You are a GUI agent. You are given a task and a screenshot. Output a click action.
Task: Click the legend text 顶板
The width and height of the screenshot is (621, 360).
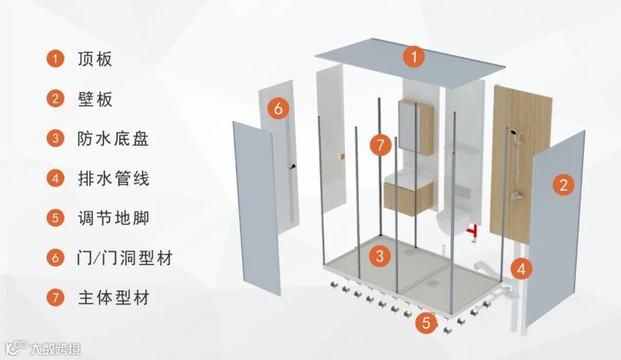pyautogui.click(x=95, y=59)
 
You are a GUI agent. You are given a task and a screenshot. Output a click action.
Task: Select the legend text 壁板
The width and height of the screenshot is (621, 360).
pyautogui.click(x=95, y=99)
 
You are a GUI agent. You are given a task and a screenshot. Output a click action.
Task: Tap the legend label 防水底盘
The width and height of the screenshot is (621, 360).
pyautogui.click(x=113, y=139)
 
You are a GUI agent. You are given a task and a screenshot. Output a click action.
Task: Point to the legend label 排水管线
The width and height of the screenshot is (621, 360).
pyautogui.click(x=113, y=178)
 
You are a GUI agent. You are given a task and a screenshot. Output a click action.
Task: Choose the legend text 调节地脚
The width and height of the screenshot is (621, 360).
pyautogui.click(x=113, y=218)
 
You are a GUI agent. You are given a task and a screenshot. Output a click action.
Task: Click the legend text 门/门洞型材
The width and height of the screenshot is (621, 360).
pyautogui.click(x=125, y=258)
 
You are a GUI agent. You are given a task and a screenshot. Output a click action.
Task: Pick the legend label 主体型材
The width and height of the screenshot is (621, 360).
pyautogui.click(x=113, y=298)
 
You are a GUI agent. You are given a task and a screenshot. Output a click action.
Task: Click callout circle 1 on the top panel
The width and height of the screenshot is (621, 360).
pyautogui.click(x=413, y=57)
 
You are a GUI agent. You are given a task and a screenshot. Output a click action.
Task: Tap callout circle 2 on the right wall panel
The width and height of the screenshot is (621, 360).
pyautogui.click(x=563, y=185)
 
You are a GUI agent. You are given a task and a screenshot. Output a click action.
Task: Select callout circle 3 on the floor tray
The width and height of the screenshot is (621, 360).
pyautogui.click(x=379, y=256)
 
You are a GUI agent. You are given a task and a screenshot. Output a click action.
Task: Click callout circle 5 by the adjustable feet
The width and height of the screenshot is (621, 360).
pyautogui.click(x=425, y=323)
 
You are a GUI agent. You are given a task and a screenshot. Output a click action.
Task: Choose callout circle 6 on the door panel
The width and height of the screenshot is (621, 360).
pyautogui.click(x=278, y=108)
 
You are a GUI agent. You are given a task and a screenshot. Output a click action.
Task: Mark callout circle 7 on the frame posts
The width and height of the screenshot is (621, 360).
pyautogui.click(x=380, y=144)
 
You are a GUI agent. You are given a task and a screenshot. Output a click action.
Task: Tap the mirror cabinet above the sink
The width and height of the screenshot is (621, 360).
pyautogui.click(x=415, y=126)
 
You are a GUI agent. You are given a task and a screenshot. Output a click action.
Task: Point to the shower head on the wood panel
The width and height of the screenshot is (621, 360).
pyautogui.click(x=511, y=133)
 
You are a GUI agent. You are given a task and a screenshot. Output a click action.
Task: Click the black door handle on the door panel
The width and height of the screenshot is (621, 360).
pyautogui.click(x=294, y=167)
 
